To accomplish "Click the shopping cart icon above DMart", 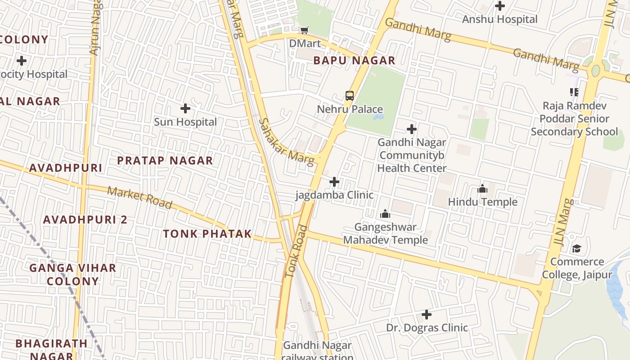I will (305, 30).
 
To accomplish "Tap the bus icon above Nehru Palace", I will (350, 95).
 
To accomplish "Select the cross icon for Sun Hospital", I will (185, 108).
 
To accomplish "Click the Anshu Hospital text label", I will (499, 19).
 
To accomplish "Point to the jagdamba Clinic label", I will (334, 195).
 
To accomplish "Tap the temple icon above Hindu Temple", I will (482, 189).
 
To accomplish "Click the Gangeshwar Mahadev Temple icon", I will (385, 214).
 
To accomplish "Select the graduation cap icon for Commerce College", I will (576, 248).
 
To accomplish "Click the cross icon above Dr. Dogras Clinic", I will (427, 314).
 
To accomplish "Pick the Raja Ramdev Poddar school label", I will (574, 119).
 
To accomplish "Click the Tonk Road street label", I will (296, 252).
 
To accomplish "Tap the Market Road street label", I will (139, 198).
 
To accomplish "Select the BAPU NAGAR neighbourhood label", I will (354, 60).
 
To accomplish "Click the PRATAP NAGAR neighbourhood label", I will (165, 161).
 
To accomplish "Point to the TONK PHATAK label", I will (207, 234).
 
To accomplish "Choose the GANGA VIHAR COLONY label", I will (73, 274).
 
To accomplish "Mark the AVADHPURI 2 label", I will (85, 220).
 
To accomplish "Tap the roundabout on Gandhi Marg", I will (596, 70).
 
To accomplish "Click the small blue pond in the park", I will (378, 117).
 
